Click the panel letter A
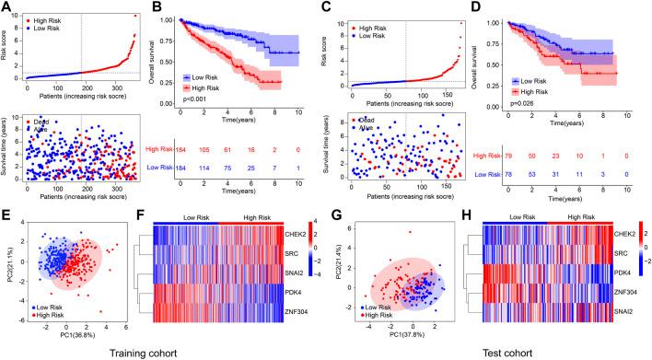click(7, 7)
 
